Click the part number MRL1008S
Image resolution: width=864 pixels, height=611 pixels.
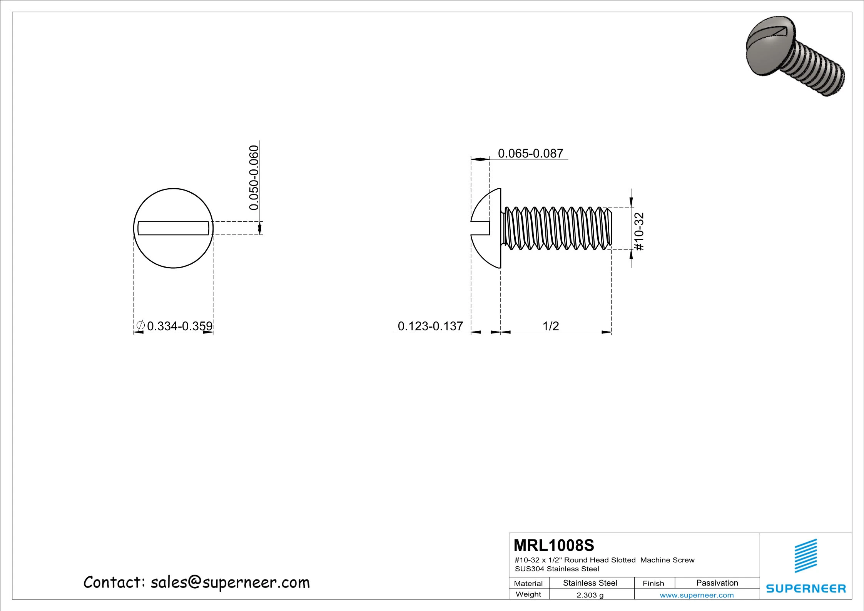coord(554,546)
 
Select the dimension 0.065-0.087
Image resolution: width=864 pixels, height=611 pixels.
coord(530,154)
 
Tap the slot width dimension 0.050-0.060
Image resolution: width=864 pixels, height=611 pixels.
coord(254,177)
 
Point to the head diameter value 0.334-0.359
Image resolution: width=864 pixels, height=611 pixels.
coord(180,326)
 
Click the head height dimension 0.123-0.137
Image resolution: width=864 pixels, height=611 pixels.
coord(430,326)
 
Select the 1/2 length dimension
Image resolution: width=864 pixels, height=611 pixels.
coord(550,326)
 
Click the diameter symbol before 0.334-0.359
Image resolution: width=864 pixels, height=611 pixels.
coord(140,325)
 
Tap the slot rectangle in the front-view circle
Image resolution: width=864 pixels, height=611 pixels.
coord(173,228)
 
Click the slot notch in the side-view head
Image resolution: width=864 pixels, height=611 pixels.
coord(480,228)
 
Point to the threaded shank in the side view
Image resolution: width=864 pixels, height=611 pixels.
coord(558,228)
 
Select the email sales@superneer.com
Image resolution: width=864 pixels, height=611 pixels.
coord(230,583)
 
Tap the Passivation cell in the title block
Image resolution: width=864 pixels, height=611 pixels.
coord(717,583)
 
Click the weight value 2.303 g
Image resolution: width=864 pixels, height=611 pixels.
coord(590,595)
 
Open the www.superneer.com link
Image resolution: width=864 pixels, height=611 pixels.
coord(697,595)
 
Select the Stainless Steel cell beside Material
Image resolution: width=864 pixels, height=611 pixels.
coord(590,583)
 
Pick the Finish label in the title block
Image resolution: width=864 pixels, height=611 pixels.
coord(653,583)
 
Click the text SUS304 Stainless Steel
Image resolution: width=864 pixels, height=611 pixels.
coord(557,569)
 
